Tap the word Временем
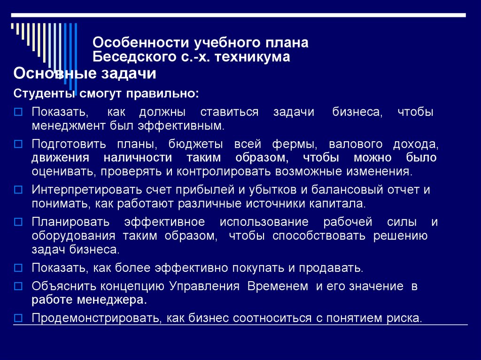tap(278, 286)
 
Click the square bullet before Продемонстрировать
tap(18, 317)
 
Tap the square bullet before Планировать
tap(18, 222)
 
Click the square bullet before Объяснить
tap(18, 286)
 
